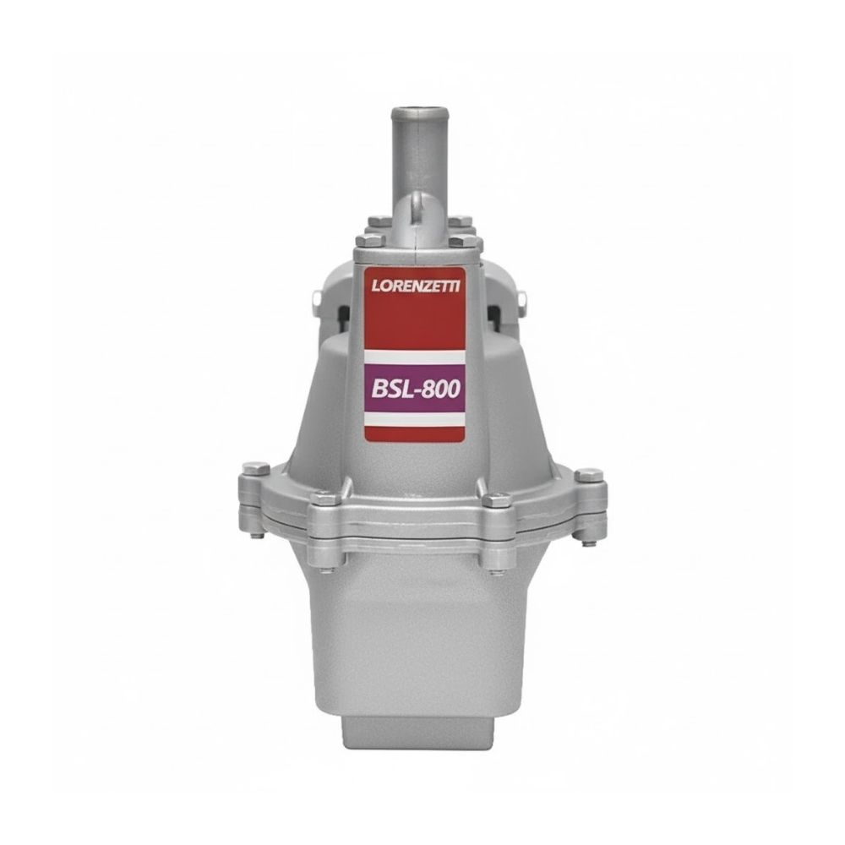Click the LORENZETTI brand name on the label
[x=416, y=285]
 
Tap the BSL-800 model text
[x=416, y=389]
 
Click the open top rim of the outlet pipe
[x=412, y=112]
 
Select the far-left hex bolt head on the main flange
[x=256, y=468]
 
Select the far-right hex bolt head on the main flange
[x=591, y=474]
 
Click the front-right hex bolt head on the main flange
[x=497, y=501]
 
